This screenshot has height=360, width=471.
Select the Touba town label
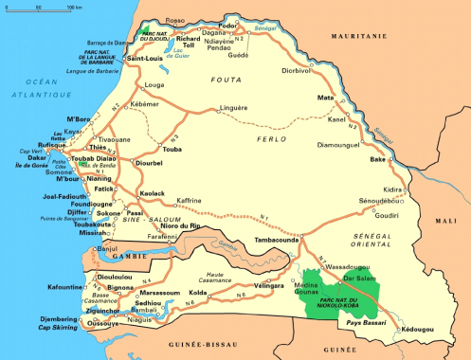[x=172, y=150]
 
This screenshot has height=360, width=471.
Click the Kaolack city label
[x=152, y=192]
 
